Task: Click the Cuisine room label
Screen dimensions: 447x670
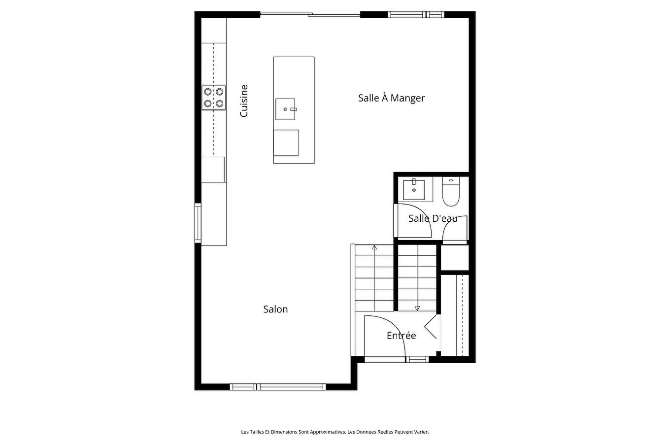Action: click(x=244, y=101)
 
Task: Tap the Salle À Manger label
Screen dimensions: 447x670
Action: click(x=391, y=98)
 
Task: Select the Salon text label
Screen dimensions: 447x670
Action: click(x=275, y=309)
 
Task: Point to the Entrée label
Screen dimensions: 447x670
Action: click(x=401, y=336)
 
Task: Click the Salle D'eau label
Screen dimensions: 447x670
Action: click(x=433, y=218)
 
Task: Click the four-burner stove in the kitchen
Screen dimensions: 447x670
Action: click(x=213, y=97)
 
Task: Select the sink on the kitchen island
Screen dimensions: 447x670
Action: click(x=286, y=109)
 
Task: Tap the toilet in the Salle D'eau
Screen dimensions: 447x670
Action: click(x=451, y=192)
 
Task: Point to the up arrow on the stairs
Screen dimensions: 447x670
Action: click(x=374, y=248)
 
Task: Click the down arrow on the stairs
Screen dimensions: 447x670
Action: click(x=417, y=308)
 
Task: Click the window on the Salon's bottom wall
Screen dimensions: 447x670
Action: click(x=278, y=387)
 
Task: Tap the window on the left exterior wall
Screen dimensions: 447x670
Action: click(x=198, y=223)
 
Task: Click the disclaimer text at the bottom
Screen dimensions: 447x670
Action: click(x=335, y=432)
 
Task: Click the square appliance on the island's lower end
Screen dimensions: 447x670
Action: click(x=286, y=142)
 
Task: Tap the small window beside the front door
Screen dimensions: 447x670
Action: click(x=418, y=359)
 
